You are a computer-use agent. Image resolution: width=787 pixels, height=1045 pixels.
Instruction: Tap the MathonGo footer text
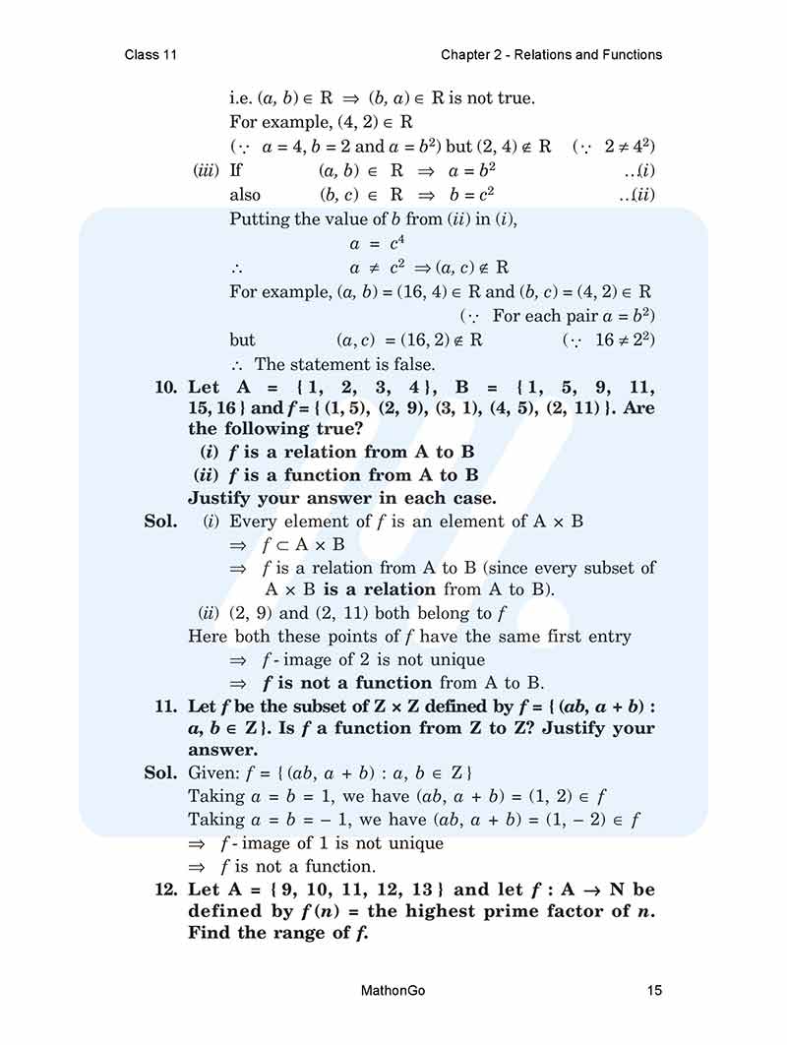(393, 990)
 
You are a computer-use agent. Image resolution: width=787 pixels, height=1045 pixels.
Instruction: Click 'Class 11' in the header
(151, 54)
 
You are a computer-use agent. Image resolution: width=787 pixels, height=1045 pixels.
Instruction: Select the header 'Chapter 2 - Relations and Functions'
(551, 54)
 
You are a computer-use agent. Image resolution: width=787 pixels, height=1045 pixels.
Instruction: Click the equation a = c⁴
(373, 244)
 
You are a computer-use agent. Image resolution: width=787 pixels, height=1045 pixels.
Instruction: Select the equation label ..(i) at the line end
(639, 170)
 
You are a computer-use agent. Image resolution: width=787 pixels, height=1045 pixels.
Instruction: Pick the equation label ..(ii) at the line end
(637, 195)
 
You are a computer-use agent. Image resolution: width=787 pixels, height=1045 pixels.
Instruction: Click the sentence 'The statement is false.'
(344, 364)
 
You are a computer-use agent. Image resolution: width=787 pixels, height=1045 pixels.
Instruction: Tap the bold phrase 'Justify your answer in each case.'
(342, 498)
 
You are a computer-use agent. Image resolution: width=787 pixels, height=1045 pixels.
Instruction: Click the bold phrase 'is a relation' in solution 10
(379, 589)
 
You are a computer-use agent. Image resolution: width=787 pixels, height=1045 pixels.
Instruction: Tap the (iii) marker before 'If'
(206, 170)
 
